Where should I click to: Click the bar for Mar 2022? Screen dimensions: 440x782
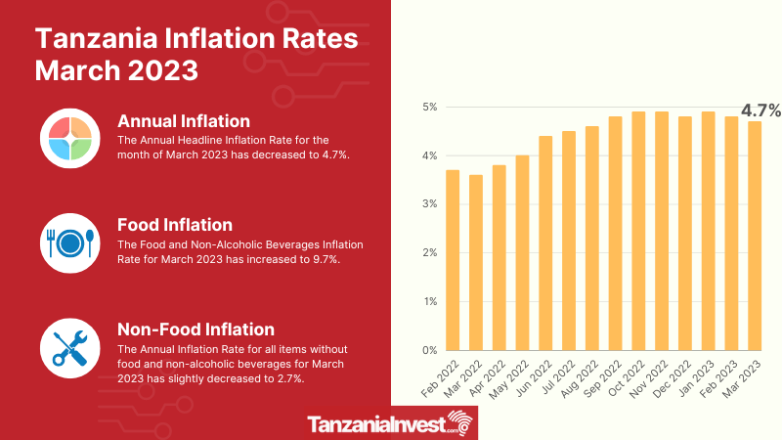475,262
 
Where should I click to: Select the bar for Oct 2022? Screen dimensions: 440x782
639,231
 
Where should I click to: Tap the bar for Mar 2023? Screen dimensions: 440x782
754,236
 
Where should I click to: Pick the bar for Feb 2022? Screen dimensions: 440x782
452,260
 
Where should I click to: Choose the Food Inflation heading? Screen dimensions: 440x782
174,224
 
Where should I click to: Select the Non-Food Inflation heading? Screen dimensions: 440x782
195,329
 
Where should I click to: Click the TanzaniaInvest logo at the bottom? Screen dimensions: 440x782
390,424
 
